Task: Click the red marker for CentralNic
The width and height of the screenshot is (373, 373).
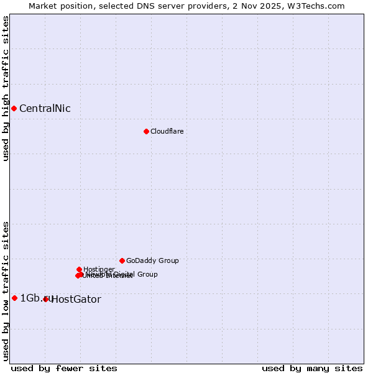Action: pos(14,109)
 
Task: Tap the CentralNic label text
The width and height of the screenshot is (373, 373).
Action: pos(45,109)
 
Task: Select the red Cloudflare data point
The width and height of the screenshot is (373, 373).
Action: pos(146,131)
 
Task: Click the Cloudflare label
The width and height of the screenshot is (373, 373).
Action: pos(167,131)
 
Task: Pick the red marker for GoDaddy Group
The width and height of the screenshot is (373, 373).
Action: pos(122,260)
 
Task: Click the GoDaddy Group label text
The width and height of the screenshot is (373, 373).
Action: pos(152,261)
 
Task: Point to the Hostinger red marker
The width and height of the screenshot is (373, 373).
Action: pos(79,269)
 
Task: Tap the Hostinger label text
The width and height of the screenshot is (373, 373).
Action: pos(99,269)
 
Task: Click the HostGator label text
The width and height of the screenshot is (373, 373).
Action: pos(76,300)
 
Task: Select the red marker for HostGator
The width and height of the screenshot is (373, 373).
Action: pos(45,299)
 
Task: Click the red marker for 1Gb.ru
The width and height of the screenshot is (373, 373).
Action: pos(14,298)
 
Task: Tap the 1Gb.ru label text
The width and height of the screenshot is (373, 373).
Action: pos(36,298)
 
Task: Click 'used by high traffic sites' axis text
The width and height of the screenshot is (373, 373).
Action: pos(6,88)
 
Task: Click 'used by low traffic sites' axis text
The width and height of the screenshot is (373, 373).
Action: pos(6,291)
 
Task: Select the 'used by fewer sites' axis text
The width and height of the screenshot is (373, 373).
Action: pos(63,368)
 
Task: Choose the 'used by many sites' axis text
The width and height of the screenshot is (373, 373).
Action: pos(312,368)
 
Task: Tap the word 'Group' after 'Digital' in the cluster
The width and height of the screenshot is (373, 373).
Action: pos(147,274)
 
